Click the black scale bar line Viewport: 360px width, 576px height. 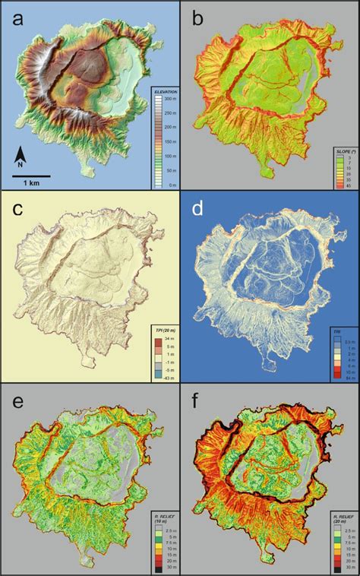coord(30,176)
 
